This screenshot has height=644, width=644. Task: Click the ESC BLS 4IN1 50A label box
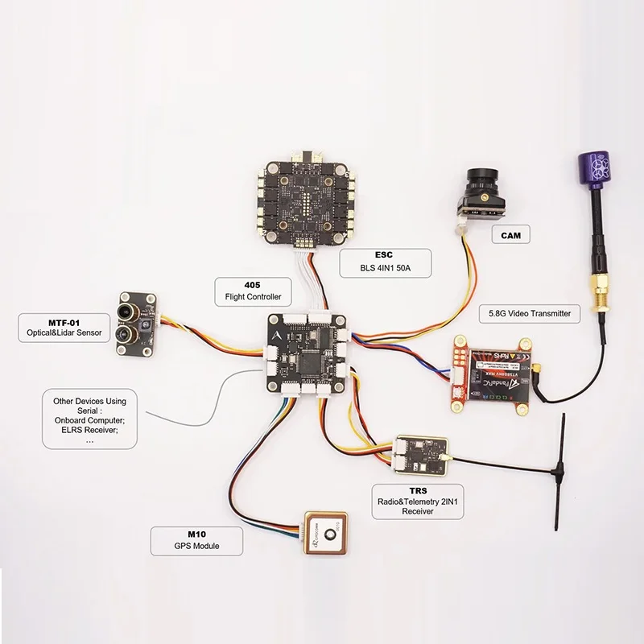[385, 263]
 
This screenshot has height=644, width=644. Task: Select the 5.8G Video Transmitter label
[529, 313]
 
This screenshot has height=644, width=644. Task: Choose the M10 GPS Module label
[187, 539]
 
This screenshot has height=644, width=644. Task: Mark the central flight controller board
[306, 353]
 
